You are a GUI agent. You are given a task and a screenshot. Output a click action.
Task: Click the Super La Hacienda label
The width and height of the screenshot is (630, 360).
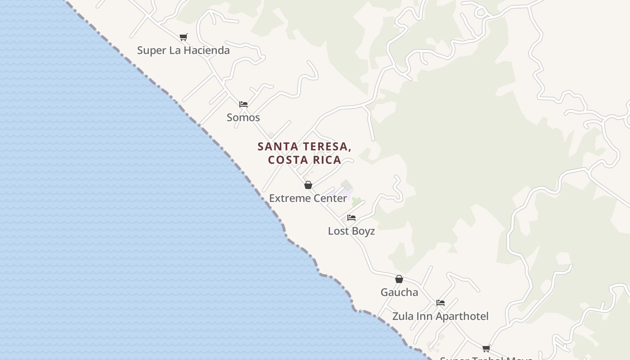[x=183, y=50]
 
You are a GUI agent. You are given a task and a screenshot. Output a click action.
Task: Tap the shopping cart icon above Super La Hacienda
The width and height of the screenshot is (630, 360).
[x=183, y=37]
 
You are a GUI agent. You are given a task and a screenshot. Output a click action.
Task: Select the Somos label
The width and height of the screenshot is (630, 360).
[x=243, y=117]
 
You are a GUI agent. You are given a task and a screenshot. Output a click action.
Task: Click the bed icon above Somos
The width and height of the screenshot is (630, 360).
[x=243, y=104]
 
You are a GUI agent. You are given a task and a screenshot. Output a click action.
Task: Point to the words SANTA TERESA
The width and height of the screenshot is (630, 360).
[x=304, y=146]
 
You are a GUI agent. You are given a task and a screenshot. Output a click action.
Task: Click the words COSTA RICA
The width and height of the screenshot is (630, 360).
[x=304, y=160]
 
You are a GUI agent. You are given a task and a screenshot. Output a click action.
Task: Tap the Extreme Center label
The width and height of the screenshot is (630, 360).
[x=308, y=198]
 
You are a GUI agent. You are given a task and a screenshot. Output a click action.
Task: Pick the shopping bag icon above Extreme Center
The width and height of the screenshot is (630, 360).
[x=308, y=185]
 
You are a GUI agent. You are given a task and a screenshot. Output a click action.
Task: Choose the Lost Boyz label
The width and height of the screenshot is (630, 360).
[x=351, y=231]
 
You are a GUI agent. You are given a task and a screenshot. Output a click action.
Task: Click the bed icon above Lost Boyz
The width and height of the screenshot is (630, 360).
[x=351, y=218]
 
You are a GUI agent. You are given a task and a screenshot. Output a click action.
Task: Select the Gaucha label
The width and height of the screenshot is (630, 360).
[x=399, y=292]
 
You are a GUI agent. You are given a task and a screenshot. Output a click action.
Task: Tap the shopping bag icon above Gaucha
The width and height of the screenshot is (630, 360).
[x=399, y=279]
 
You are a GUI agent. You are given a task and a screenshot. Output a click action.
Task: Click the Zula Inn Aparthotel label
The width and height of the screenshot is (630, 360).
[x=440, y=316]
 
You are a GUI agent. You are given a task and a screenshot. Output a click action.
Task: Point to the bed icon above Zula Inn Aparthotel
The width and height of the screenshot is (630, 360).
[x=441, y=303]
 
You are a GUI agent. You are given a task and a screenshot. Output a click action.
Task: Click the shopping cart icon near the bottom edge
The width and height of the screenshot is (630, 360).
[x=486, y=348]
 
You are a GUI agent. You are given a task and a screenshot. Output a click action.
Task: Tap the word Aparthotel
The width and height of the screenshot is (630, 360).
[x=462, y=316]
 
